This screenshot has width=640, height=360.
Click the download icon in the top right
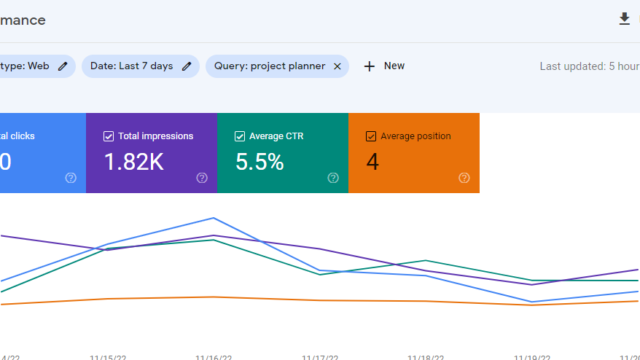pos(625,19)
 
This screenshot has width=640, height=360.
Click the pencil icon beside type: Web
pos(63,66)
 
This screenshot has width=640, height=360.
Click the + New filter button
pos(384,66)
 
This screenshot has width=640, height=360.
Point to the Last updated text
pos(589,66)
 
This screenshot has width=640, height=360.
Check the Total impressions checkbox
pos(108,136)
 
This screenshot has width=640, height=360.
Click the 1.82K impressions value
pos(135,160)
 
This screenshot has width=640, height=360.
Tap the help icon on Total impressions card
pos(202,178)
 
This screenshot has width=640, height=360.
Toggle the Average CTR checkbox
pos(239,136)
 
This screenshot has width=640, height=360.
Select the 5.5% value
pos(260,160)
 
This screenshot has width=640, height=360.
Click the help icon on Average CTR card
pos(333,178)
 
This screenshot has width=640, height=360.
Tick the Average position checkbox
pos(371,136)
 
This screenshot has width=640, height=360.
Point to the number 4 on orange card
pos(373,160)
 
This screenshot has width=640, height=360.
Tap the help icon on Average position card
pos(464,178)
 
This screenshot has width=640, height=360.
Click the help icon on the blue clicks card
pos(71,178)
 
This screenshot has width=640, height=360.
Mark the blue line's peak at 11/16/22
pos(213,218)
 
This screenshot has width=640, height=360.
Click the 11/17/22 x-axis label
pos(321,356)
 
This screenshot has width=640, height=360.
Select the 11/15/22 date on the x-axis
pos(107,356)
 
